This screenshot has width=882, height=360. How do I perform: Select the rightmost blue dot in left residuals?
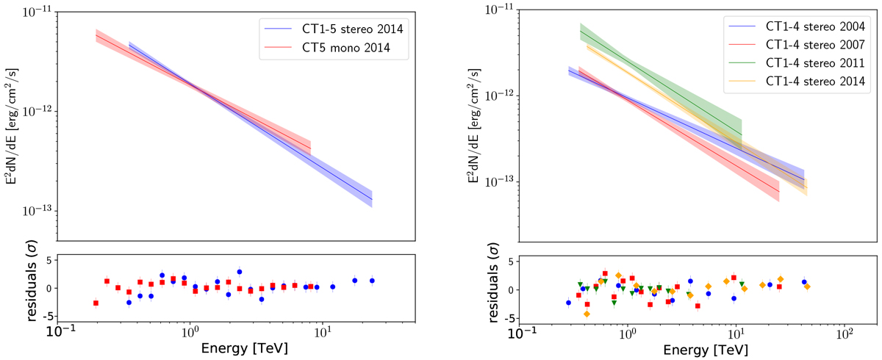(372, 281)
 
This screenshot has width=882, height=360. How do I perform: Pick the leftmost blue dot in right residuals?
(568, 303)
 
